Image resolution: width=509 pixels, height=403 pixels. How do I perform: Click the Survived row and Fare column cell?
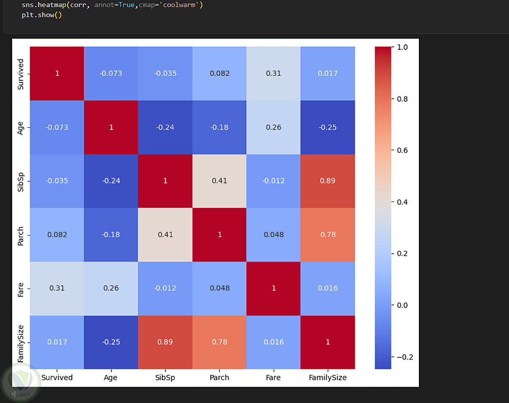click(274, 73)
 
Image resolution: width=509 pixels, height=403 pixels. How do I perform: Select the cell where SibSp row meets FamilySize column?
click(328, 181)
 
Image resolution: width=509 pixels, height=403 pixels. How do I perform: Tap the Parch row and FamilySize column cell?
click(328, 235)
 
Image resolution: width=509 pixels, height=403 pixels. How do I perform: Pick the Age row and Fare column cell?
click(274, 127)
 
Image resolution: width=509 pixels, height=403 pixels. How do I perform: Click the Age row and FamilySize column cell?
click(328, 127)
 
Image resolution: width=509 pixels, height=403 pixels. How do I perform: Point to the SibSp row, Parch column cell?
click(219, 181)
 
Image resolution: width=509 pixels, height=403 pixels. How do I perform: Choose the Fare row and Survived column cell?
click(57, 288)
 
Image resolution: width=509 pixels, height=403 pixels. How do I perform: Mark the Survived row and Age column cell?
click(111, 73)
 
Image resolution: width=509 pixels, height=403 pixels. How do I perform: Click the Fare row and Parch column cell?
click(219, 288)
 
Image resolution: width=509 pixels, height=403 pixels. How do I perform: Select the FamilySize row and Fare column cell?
click(274, 342)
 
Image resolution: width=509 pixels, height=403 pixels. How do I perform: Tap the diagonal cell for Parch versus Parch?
click(219, 235)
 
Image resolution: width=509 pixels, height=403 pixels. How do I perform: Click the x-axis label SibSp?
click(165, 378)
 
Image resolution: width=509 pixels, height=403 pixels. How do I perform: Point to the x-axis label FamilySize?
click(328, 378)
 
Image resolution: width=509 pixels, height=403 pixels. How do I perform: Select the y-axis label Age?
click(21, 127)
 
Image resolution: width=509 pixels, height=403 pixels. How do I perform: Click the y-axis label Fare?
click(21, 288)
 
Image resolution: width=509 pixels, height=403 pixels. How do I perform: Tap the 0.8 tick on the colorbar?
click(402, 99)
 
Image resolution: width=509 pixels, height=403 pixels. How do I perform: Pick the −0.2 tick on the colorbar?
click(401, 357)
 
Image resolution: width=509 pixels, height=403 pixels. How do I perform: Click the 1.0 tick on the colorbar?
click(402, 47)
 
